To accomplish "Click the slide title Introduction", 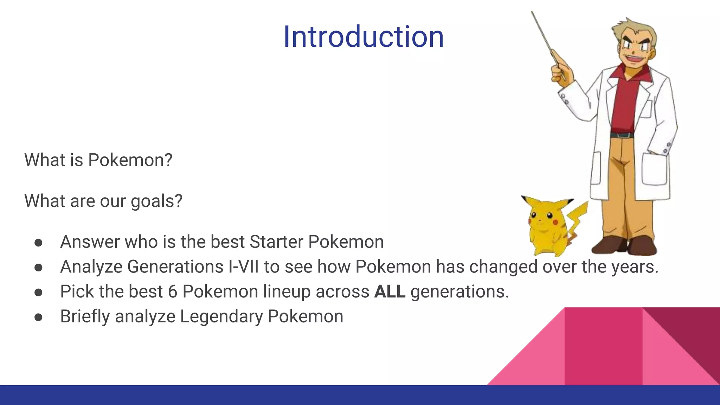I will coord(364,37).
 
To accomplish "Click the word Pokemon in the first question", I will coord(130,160).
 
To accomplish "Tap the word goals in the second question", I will coord(156,201).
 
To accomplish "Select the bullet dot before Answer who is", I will coord(39,243).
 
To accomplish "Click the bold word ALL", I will coord(390,291).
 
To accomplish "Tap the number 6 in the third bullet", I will coord(172,291).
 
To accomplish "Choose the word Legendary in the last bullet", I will coord(221,316).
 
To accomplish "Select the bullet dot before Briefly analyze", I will coord(39,317).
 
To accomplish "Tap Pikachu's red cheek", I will coord(555,222).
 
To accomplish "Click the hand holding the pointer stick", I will coord(562,72).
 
